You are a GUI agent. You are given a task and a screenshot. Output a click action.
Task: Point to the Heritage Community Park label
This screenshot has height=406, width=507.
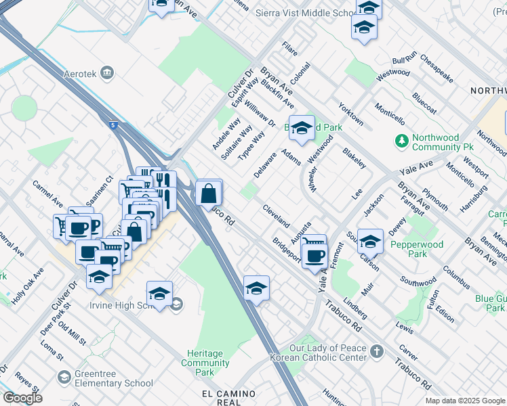tap(205, 363)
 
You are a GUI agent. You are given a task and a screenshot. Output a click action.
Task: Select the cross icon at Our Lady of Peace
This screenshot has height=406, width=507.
tap(377, 351)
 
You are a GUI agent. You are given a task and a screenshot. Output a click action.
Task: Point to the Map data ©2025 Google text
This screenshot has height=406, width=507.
tap(464, 401)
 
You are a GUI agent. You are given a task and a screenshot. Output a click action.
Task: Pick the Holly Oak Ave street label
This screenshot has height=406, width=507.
tap(31, 284)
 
